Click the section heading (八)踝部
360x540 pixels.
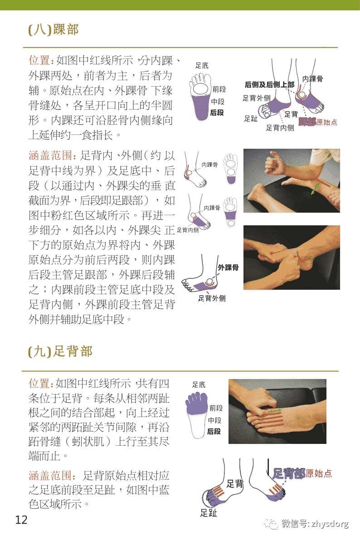click(x=54, y=30)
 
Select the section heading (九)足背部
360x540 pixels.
click(x=60, y=351)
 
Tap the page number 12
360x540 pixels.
click(x=21, y=520)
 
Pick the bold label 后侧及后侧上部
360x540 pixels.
click(x=269, y=84)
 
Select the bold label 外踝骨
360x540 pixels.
click(x=229, y=268)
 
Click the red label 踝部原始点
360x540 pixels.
click(x=318, y=122)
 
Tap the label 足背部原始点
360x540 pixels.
click(x=302, y=474)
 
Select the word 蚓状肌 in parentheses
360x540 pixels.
click(x=95, y=441)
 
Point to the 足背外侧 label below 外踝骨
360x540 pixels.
click(x=212, y=298)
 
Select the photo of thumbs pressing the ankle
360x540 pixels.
click(x=292, y=258)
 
